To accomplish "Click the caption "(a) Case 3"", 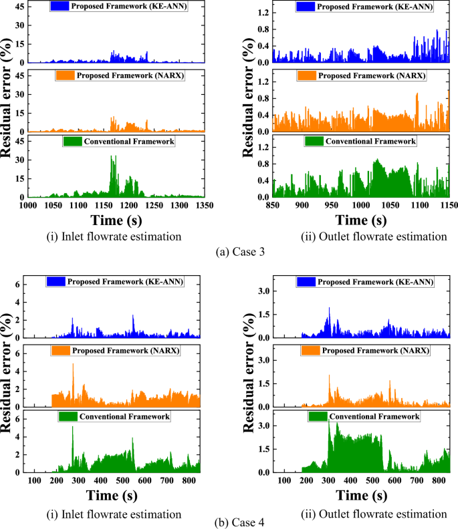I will click(229, 252).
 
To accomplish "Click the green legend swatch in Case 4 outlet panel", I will click(318, 416).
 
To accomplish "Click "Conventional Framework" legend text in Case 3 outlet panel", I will click(370, 141).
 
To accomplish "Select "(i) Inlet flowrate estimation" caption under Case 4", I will click(127, 513).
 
